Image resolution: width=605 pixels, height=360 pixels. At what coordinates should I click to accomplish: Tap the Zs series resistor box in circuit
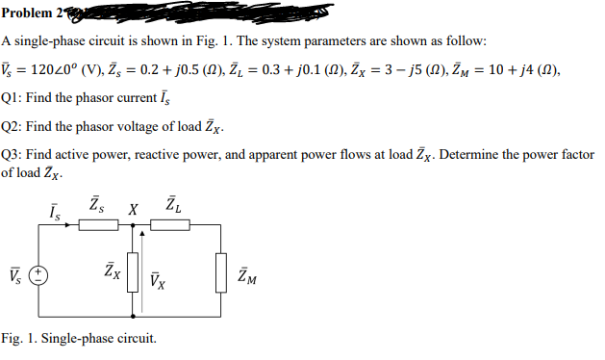click(x=98, y=227)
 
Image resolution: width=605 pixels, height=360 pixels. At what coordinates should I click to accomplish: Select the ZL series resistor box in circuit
click(x=172, y=227)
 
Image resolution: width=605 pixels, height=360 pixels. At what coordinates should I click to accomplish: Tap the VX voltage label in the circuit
click(x=159, y=280)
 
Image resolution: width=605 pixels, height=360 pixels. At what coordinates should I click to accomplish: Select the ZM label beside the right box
click(x=248, y=278)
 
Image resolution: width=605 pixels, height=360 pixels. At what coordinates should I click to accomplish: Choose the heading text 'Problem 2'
click(x=30, y=11)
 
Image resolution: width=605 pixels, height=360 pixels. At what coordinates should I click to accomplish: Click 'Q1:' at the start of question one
click(x=13, y=100)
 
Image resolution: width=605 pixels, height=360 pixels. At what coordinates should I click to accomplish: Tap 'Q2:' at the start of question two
click(x=13, y=127)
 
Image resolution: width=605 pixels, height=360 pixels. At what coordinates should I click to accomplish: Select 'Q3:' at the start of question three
click(x=13, y=155)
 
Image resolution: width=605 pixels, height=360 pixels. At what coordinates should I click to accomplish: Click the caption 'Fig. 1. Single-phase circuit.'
click(x=78, y=338)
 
